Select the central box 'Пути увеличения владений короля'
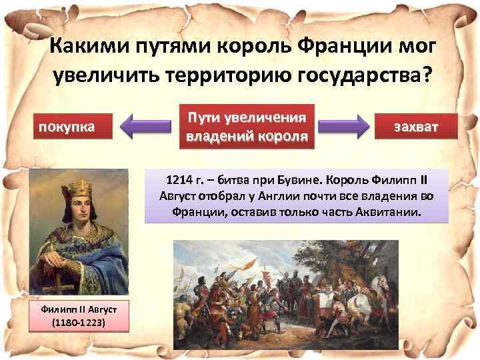(x=247, y=127)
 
